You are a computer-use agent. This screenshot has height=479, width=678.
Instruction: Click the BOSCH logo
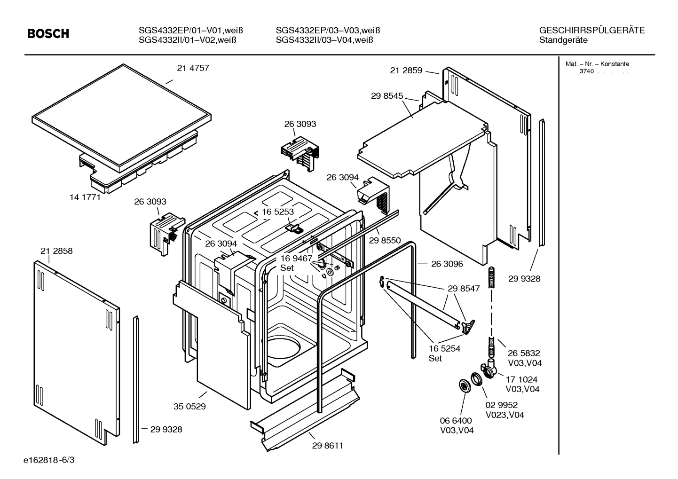pos(48,34)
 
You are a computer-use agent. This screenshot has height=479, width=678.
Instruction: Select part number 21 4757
pos(193,68)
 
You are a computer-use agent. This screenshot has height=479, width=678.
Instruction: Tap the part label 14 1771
pos(85,197)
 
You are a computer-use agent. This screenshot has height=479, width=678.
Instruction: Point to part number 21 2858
pos(56,251)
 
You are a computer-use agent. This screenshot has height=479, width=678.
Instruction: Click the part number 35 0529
pos(189,407)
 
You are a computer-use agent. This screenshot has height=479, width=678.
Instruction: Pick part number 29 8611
pos(327,446)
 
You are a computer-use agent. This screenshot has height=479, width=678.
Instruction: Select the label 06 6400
pos(456,421)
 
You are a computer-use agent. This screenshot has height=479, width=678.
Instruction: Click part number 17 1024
pos(521,379)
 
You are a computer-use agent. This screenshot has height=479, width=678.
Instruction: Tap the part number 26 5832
pos(524,353)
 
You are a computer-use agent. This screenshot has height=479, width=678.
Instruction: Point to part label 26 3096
pos(447,264)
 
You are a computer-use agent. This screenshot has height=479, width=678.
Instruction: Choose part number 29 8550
pos(385,241)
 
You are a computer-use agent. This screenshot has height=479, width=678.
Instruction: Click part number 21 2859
pos(406,71)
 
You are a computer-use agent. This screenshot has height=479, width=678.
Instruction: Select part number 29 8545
pos(387,96)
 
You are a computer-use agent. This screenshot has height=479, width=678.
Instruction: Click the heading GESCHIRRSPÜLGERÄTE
pos(591,31)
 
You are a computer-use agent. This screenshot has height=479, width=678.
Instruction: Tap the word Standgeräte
pos(563,40)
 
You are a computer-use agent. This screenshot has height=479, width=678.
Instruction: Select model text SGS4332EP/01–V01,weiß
pos(190,31)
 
